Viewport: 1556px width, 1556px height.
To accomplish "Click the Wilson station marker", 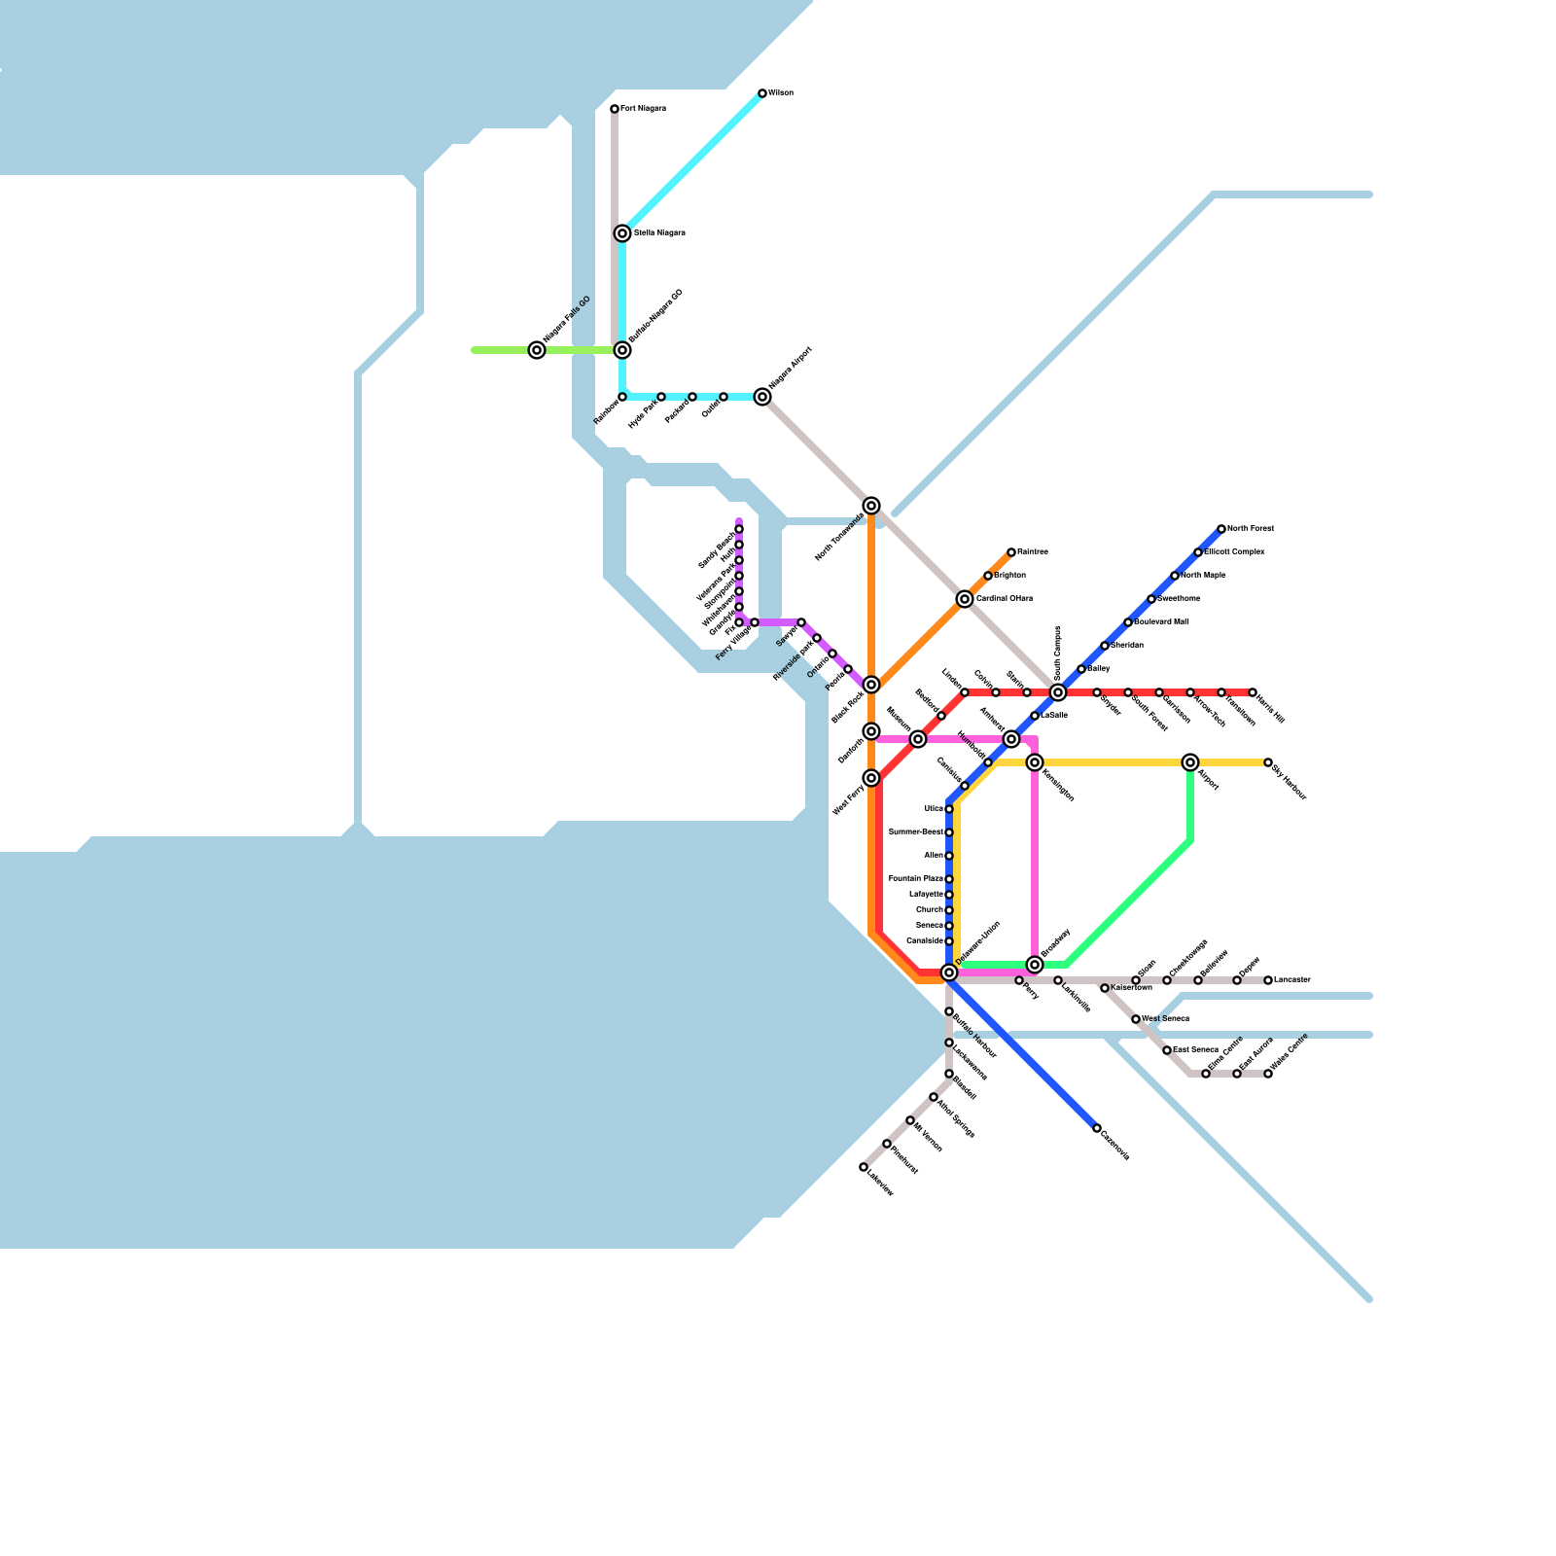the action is [x=762, y=93].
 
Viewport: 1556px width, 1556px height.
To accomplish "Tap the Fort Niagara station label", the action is [x=643, y=109].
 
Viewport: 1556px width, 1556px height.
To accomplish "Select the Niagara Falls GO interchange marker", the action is [x=537, y=350].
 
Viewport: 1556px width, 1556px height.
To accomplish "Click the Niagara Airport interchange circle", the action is [x=762, y=397].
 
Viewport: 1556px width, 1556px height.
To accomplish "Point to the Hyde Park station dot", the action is [x=661, y=397].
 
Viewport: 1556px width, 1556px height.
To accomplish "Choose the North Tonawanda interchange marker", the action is [x=871, y=506].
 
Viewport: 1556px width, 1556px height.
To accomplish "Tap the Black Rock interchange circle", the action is [x=871, y=685].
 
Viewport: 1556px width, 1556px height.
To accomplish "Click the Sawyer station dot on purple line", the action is [x=801, y=622].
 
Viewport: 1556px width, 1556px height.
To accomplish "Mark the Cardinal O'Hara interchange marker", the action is [x=965, y=599].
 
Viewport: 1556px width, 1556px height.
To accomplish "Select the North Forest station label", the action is [x=1250, y=529].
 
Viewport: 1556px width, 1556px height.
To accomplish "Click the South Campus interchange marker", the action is [x=1058, y=692].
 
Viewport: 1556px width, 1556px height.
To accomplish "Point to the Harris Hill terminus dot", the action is [x=1253, y=692].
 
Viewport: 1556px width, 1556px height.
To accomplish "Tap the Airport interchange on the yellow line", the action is [x=1190, y=762].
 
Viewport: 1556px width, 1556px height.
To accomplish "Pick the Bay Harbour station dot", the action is [x=1268, y=762].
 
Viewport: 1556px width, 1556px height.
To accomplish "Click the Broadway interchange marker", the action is [x=1035, y=965].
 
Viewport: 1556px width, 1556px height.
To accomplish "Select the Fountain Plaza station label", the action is [x=915, y=879].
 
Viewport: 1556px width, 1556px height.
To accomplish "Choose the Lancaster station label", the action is [x=1292, y=980].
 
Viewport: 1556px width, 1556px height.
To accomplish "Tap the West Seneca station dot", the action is [x=1136, y=1019].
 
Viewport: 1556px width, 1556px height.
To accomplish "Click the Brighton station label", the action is [x=1009, y=576].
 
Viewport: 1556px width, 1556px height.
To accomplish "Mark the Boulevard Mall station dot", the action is [x=1128, y=622].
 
